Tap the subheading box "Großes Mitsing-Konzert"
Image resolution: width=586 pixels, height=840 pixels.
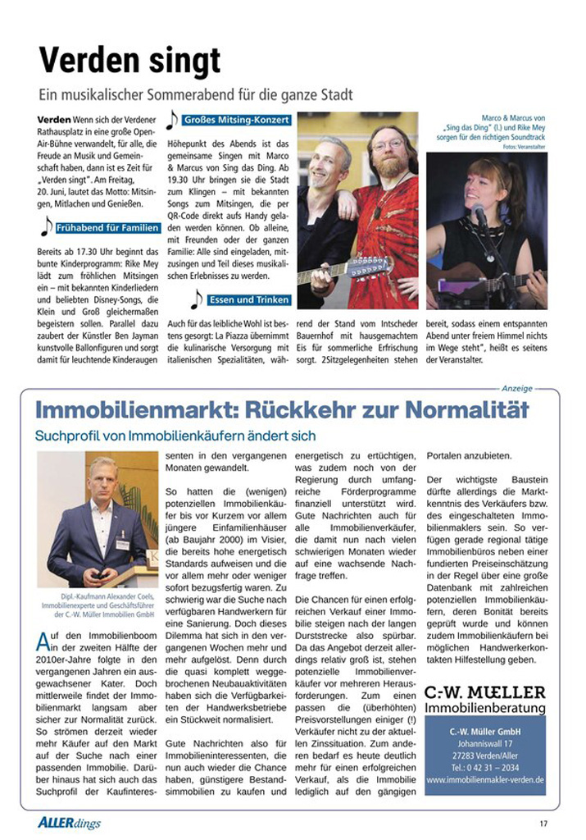click(x=236, y=120)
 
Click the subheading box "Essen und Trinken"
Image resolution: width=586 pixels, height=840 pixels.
click(x=248, y=300)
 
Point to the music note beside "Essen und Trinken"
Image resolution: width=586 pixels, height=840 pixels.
click(x=196, y=299)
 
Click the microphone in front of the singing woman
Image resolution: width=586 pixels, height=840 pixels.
click(x=479, y=216)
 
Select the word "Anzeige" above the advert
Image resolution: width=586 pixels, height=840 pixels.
click(x=516, y=388)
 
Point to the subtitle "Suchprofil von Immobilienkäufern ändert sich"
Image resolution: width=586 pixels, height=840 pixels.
click(x=175, y=436)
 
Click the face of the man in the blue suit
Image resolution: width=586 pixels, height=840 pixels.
click(x=102, y=477)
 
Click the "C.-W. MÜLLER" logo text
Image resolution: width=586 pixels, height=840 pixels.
click(x=485, y=692)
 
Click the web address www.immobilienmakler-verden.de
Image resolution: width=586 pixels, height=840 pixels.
click(x=485, y=780)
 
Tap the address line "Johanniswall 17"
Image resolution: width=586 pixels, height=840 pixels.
click(x=485, y=743)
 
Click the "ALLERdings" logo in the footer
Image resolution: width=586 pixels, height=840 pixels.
click(x=69, y=822)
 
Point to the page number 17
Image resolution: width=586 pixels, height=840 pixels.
click(x=543, y=823)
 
